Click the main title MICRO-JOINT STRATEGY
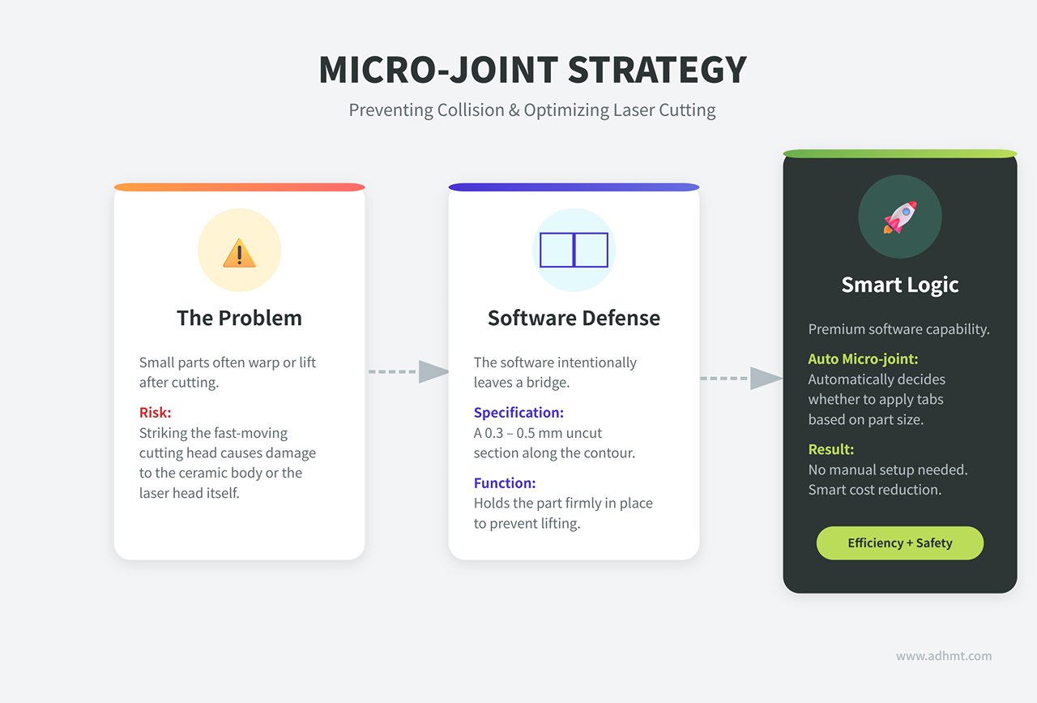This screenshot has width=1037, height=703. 532,70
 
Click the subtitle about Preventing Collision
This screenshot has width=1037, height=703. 532,110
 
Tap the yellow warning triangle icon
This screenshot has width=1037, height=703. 239,253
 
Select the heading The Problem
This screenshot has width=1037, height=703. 239,318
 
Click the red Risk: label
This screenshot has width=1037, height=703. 155,413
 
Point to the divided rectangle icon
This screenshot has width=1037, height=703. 574,250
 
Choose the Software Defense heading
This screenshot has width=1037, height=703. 574,318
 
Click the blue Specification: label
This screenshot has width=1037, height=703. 518,413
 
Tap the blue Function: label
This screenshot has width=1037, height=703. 505,483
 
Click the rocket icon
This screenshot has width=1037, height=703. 900,216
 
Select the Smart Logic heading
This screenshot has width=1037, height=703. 900,285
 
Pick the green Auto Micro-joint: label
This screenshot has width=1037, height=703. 863,359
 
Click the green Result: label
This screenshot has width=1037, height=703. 831,449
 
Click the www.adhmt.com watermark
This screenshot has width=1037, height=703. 944,656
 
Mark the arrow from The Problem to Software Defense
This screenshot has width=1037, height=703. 408,371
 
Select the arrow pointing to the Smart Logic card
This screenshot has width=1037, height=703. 741,378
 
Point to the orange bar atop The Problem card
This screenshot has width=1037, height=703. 239,187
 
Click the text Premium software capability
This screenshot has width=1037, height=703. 898,329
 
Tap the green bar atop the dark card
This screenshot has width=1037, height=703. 900,153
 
